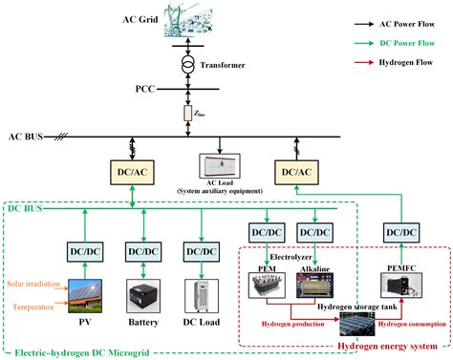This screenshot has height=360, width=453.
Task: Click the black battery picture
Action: [x=143, y=294]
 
